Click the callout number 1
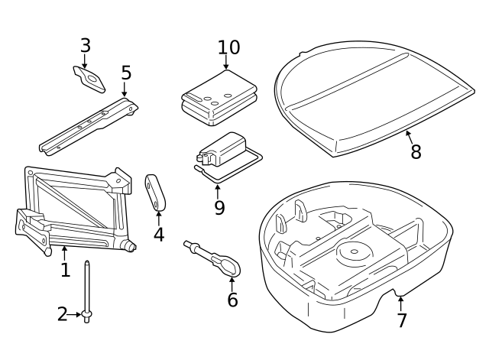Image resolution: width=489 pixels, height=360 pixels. point(65,270)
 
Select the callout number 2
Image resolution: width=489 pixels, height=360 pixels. point(63,314)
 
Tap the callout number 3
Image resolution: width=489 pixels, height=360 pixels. point(85,46)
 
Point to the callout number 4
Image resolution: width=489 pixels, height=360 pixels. point(158,235)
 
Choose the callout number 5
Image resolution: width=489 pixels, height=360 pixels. point(126,73)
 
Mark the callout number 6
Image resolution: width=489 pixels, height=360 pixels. point(232,300)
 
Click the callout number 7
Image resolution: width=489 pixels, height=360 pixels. point(402,320)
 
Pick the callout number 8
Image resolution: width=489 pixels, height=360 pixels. point(416,152)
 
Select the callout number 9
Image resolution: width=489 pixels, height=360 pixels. point(219,208)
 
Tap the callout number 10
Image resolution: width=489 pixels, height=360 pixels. point(228,47)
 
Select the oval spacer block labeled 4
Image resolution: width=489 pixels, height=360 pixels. point(157,191)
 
